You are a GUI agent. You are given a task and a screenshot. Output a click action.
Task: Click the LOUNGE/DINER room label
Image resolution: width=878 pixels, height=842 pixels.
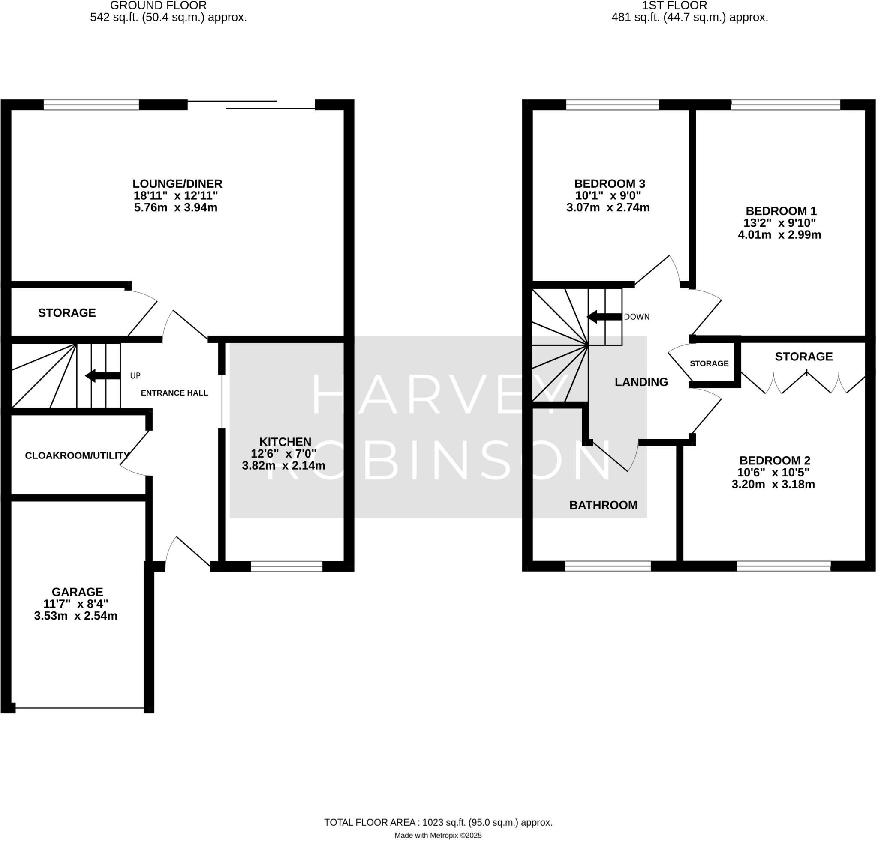(x=177, y=184)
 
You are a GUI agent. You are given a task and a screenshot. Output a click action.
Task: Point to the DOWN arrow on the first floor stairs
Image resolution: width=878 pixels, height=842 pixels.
(x=604, y=317)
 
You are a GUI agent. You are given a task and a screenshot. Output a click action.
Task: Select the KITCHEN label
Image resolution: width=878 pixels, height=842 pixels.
(x=285, y=442)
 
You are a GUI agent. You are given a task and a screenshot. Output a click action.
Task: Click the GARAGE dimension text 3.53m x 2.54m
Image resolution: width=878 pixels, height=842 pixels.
(x=76, y=616)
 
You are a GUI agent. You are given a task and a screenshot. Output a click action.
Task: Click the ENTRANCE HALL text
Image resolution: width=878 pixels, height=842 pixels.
(x=174, y=393)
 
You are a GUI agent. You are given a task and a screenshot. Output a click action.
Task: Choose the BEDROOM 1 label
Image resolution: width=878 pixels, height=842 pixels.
(x=781, y=211)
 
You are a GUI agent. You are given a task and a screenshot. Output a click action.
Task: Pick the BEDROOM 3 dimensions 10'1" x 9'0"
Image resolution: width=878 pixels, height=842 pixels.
(x=608, y=196)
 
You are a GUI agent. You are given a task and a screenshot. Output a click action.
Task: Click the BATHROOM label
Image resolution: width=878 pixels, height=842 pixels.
(x=603, y=505)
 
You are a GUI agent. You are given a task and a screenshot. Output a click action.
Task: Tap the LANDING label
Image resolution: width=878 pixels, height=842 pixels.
(x=641, y=382)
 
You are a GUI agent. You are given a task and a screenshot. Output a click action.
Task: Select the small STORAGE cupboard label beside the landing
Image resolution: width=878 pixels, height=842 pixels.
(x=709, y=363)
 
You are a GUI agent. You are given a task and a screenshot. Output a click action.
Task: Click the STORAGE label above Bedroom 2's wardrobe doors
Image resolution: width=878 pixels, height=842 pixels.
(x=803, y=357)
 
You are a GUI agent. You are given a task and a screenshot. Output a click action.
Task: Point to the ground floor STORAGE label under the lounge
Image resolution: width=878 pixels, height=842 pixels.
(x=67, y=313)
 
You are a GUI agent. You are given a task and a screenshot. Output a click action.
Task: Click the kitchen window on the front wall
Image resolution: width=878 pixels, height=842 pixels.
(x=286, y=566)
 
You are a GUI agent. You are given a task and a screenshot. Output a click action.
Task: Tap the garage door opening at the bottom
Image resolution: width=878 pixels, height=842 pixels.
(x=79, y=708)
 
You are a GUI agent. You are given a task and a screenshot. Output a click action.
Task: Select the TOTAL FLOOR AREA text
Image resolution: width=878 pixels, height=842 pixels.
(x=438, y=822)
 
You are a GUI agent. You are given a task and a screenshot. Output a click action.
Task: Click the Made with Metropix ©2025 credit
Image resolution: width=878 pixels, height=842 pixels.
(x=438, y=835)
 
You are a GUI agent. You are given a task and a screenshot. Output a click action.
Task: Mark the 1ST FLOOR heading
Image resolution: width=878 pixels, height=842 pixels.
(x=674, y=6)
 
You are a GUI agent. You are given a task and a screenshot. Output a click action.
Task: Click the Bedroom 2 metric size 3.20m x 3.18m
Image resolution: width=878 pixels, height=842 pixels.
(x=773, y=484)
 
